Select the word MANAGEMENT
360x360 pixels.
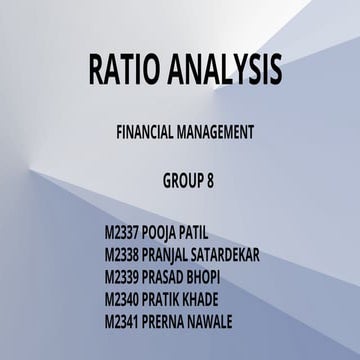(x=222, y=130)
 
